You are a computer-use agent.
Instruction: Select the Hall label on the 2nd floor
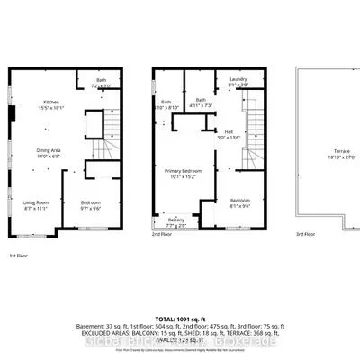click(234, 135)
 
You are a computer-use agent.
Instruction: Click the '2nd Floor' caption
click(162, 235)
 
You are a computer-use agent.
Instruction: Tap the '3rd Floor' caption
click(306, 235)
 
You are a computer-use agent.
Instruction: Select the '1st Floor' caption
click(17, 256)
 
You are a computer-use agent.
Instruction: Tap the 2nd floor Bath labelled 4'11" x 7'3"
click(202, 103)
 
